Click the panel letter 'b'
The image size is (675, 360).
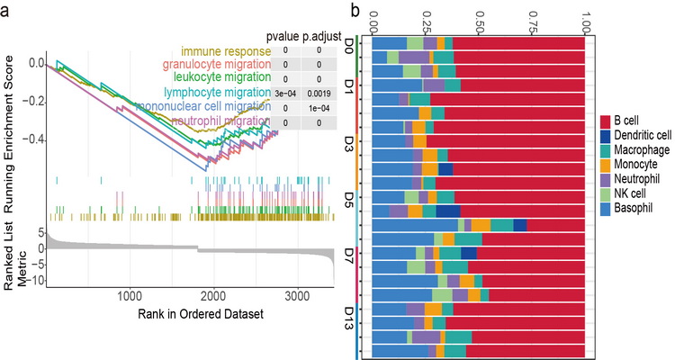click(357, 11)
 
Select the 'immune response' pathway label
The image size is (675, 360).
click(225, 51)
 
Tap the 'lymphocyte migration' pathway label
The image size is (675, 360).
click(216, 93)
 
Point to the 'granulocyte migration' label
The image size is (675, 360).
click(216, 65)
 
